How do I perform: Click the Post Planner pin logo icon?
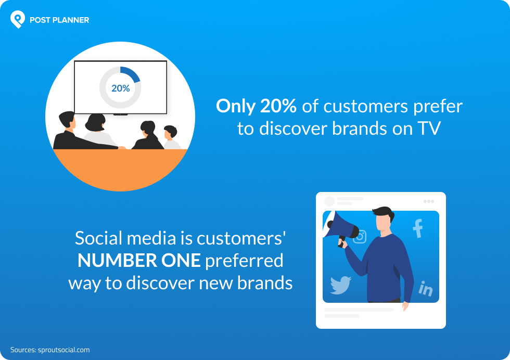pos(18,19)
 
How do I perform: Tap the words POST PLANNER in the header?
pos(59,20)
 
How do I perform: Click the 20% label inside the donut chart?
pos(120,88)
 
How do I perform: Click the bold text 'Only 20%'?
pos(256,106)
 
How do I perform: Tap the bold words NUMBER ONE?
pos(139,261)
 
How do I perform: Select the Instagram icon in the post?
pos(360,237)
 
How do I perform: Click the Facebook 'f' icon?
pos(417,229)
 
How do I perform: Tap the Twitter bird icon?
pos(340,285)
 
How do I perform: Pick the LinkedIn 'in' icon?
pos(426,288)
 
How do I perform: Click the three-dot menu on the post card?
pos(428,201)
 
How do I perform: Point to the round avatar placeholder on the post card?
pos(329,201)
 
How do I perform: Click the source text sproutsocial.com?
pos(63,350)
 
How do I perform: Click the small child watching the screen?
pos(170,136)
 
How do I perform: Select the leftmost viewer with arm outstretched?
pos(68,133)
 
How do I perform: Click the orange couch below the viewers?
pos(120,166)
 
